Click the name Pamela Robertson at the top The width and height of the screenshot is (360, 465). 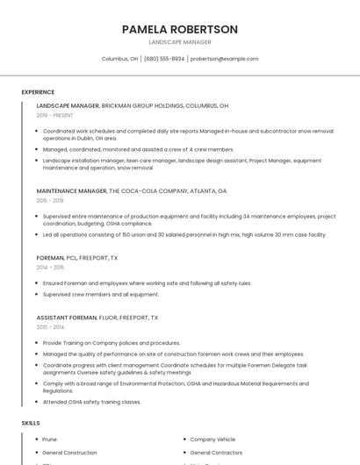tap(180, 29)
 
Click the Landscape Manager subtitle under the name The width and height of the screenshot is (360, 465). tap(180, 42)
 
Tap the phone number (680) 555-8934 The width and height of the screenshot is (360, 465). tap(164, 59)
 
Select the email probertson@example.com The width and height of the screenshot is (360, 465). tap(224, 59)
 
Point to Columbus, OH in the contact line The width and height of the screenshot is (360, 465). tap(119, 59)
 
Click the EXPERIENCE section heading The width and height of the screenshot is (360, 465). tap(38, 92)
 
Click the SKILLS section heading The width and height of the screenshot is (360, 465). tap(31, 423)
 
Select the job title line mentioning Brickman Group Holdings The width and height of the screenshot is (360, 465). tap(133, 105)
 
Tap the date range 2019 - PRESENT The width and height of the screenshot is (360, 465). tap(55, 115)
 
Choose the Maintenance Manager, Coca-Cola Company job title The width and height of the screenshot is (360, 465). tap(132, 190)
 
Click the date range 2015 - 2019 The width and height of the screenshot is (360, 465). tap(50, 200)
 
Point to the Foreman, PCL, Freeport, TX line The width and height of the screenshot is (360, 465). tap(77, 258)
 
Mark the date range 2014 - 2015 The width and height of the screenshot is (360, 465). tap(50, 268)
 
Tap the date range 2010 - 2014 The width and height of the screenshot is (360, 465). tap(50, 327)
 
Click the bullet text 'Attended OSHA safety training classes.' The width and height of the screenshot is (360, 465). tap(92, 402)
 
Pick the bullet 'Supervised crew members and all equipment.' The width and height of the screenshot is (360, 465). tap(101, 294)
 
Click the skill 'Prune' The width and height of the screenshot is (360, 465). tap(50, 439)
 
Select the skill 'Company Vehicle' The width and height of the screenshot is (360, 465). tap(213, 439)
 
